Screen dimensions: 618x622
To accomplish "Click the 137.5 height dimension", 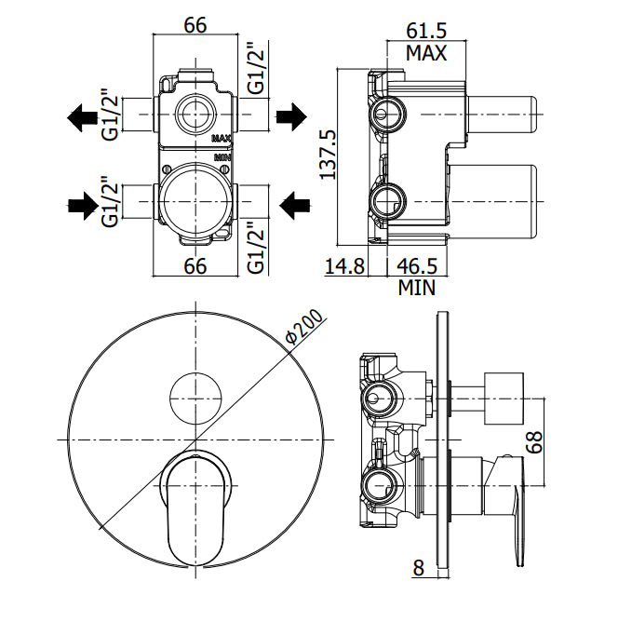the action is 329,155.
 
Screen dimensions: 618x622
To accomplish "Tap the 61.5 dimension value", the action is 426,31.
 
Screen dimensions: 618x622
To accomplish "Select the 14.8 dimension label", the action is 344,265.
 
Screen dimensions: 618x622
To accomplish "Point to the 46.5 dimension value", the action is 417,265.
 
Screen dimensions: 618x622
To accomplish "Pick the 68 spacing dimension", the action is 534,441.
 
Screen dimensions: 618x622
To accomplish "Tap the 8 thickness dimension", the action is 419,568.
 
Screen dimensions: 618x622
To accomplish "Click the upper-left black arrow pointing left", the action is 83,117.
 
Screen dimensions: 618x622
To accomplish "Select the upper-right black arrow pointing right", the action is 291,116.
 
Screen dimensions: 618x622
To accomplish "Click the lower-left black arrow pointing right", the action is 83,206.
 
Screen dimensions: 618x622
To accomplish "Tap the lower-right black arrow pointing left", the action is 294,205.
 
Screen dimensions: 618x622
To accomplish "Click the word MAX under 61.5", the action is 426,53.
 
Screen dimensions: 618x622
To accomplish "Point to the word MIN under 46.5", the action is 417,288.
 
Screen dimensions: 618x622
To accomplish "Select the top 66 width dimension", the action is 195,25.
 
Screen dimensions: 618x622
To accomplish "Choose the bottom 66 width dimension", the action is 195,265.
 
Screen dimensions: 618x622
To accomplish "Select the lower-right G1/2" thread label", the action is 256,247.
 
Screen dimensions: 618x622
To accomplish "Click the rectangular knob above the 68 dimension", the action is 504,399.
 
